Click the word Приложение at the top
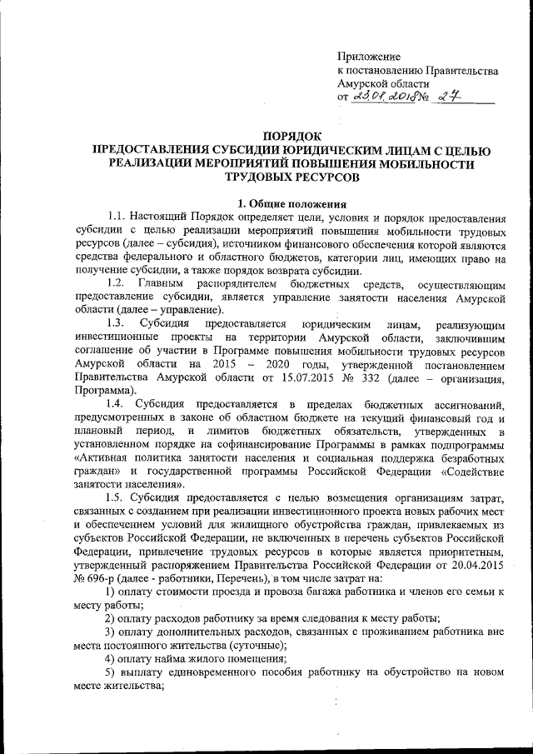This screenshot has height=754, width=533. [x=369, y=57]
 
